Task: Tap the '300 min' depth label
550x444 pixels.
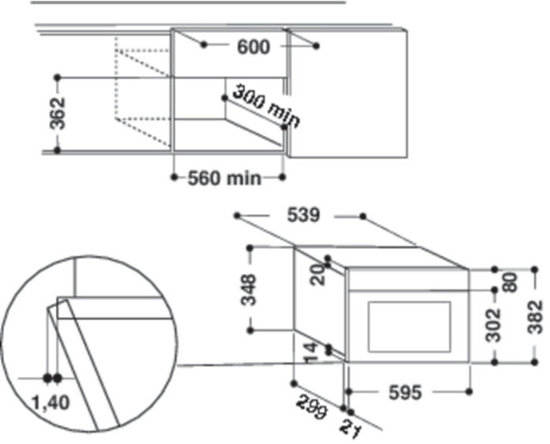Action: point(265,104)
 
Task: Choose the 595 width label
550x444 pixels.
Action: point(404,393)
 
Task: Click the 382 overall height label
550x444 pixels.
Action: point(534,316)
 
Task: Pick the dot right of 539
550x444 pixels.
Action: point(365,215)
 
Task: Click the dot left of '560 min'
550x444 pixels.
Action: point(174,179)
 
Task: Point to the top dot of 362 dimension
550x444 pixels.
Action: point(58,76)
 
